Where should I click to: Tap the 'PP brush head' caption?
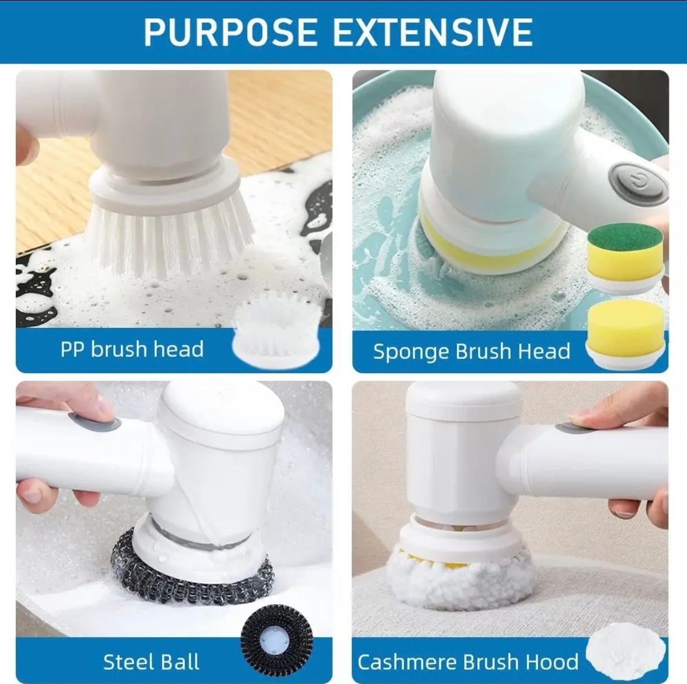[132, 349]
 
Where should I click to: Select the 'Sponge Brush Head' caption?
[472, 351]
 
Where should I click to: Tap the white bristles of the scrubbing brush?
[170, 235]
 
